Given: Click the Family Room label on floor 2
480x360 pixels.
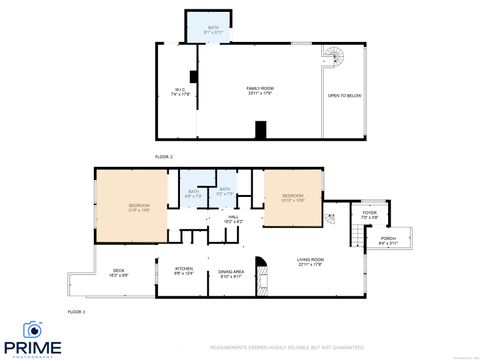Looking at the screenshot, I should (x=260, y=90).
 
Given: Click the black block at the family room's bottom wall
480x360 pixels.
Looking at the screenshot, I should (x=261, y=130).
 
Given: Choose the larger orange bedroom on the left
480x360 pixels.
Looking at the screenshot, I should (x=130, y=207).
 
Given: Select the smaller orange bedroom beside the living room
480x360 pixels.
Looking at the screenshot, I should (x=292, y=197).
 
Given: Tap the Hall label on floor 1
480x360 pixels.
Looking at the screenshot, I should (x=232, y=218).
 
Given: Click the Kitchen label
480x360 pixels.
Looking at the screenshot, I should (x=184, y=270).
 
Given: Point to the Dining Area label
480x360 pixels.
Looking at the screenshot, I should (x=231, y=273).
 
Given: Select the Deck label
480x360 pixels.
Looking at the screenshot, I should (x=118, y=272).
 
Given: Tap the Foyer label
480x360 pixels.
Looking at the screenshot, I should (x=368, y=214).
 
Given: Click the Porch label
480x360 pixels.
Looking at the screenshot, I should (x=389, y=241).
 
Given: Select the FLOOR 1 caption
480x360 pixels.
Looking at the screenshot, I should (x=76, y=313).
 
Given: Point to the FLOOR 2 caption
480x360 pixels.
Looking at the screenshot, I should (x=163, y=158).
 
